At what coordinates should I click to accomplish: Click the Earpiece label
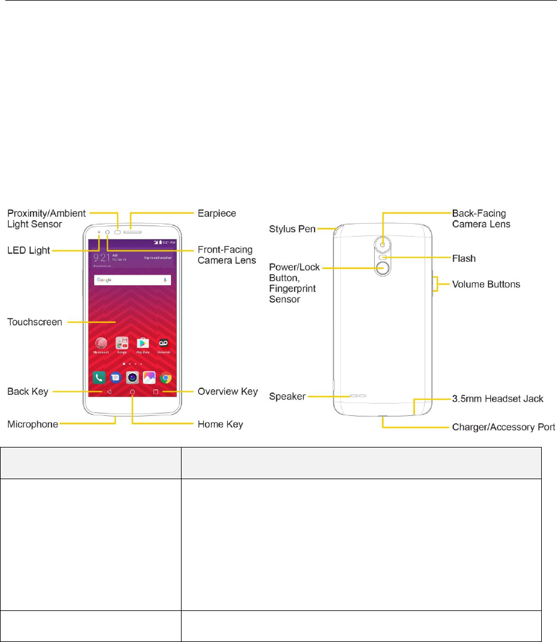[217, 213]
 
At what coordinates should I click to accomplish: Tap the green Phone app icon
[99, 378]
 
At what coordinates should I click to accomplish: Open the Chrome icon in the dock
[166, 378]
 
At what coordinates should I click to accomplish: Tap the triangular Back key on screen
[109, 392]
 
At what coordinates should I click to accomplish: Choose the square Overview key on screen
[156, 392]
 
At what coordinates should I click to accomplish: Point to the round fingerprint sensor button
[384, 269]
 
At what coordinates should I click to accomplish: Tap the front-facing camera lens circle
[108, 232]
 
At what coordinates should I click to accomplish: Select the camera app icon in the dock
[132, 378]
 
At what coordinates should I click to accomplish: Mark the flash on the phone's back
[384, 257]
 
